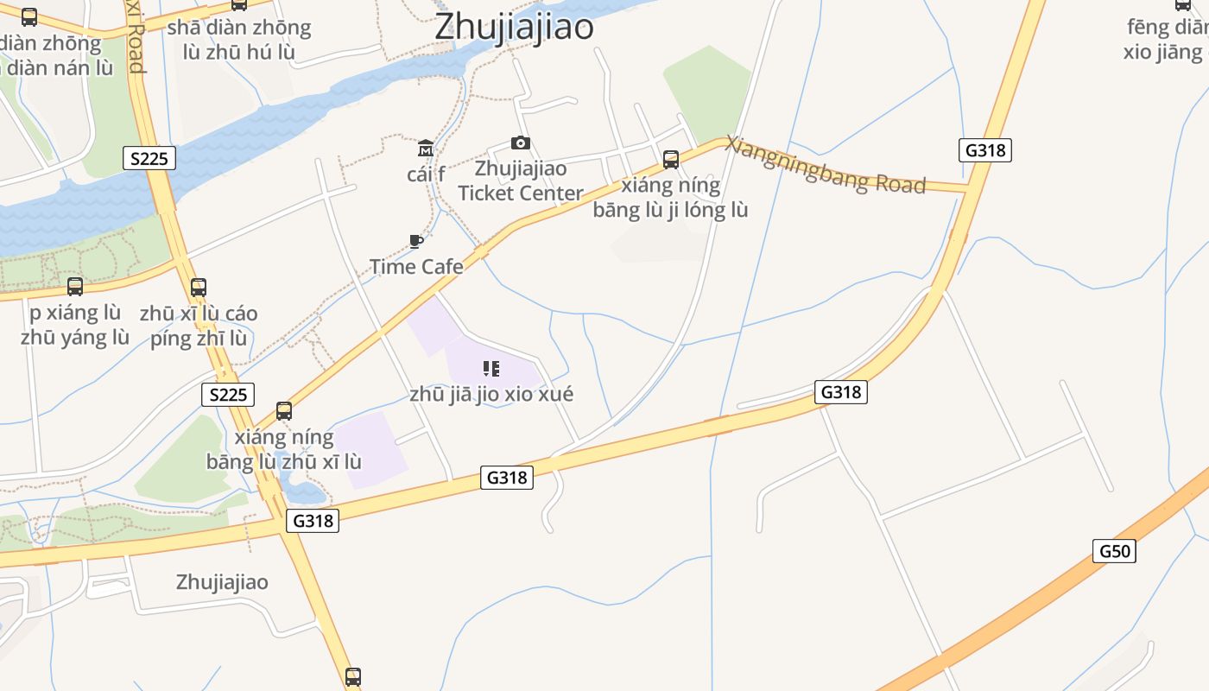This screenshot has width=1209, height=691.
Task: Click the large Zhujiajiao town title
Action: (x=514, y=26)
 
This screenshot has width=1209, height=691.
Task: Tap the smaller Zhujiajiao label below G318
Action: (x=222, y=582)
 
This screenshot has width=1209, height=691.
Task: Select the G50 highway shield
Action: (x=1114, y=551)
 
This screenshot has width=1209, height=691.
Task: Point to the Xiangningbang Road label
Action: (x=825, y=165)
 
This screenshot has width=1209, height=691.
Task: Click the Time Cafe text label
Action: (x=416, y=267)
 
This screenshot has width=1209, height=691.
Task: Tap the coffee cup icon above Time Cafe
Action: (x=416, y=242)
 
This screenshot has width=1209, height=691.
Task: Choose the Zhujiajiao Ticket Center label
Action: (x=521, y=181)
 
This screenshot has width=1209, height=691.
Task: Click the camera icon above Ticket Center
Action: (x=520, y=143)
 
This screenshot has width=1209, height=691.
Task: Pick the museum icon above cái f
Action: (x=426, y=149)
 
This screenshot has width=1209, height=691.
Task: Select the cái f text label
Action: (x=426, y=174)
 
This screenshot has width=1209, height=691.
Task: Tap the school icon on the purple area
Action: (x=491, y=370)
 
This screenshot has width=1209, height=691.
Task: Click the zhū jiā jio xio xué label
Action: (x=491, y=395)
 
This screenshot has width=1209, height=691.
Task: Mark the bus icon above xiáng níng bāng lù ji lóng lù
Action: (x=671, y=160)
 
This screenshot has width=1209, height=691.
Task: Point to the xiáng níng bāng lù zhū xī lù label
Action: (x=283, y=449)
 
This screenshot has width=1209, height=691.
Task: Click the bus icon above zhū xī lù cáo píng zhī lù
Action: (x=199, y=288)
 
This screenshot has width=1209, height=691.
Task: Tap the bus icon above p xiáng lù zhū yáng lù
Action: (x=75, y=287)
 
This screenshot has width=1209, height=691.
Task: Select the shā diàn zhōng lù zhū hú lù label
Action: (x=239, y=40)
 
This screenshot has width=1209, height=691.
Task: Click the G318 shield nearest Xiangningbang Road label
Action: (x=984, y=150)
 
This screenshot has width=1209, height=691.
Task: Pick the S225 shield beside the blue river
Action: (x=149, y=158)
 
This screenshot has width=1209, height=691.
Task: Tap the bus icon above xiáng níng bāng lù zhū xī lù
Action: (x=284, y=411)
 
